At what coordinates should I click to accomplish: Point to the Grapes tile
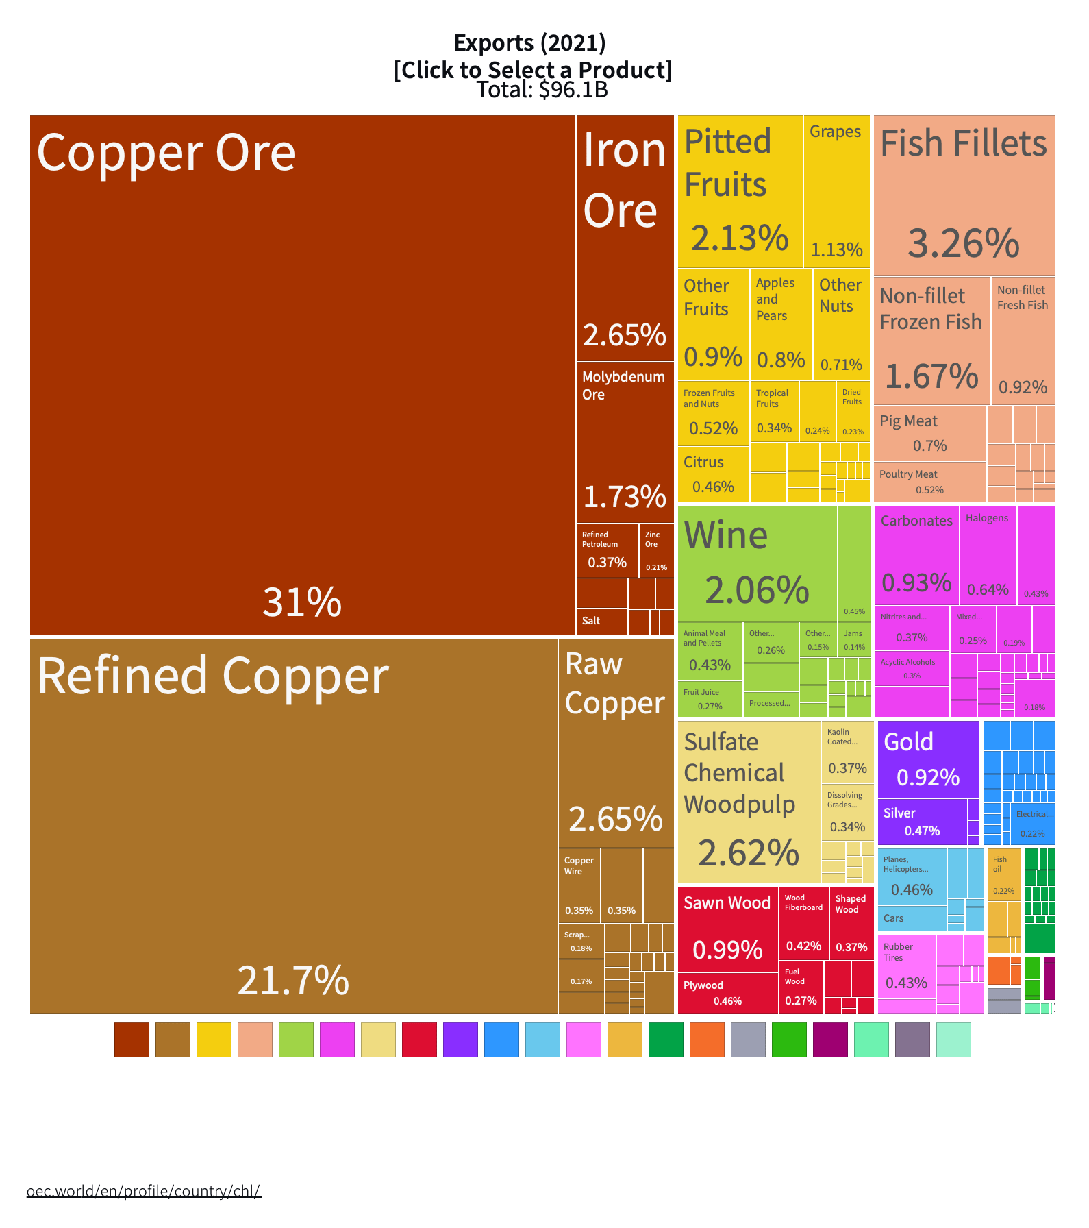coord(836,191)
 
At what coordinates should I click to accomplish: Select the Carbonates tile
coord(916,555)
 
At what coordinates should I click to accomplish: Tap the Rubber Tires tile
coord(906,973)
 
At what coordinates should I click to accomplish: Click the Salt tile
coord(601,622)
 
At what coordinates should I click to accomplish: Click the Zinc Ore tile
coord(655,550)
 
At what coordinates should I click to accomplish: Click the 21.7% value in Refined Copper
coord(293,980)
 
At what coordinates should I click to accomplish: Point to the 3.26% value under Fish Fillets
coord(964,244)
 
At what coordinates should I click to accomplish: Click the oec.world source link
coord(144,1191)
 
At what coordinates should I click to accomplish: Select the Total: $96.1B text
coord(542,90)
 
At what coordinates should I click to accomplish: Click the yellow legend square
coord(214,1040)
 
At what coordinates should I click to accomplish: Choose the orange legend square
coord(707,1040)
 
